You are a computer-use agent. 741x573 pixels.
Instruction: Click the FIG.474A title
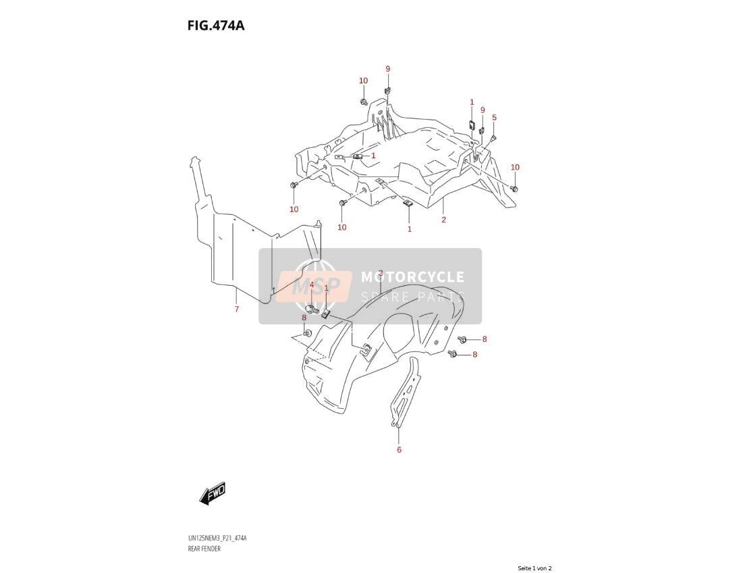[216, 25]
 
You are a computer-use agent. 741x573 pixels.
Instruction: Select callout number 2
[443, 220]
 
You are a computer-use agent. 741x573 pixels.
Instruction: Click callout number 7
[237, 309]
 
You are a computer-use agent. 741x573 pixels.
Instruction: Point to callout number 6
[399, 449]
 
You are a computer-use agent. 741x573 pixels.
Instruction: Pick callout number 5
[494, 118]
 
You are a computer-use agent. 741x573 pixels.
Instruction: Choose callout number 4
[311, 285]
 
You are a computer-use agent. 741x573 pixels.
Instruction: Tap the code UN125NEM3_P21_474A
[217, 539]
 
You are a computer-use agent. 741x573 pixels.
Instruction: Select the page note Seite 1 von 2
[534, 568]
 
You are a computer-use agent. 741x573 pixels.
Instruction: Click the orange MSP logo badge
[314, 286]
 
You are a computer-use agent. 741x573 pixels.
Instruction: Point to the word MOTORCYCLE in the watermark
[412, 277]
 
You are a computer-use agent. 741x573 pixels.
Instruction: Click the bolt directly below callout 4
[310, 309]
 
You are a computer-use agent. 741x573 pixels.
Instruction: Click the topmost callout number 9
[387, 69]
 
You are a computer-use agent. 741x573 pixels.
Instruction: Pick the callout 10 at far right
[515, 167]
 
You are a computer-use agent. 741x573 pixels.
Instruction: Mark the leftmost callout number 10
[294, 209]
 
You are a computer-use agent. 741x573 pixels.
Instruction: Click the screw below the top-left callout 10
[363, 101]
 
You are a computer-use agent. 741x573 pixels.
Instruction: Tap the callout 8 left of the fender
[304, 318]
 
